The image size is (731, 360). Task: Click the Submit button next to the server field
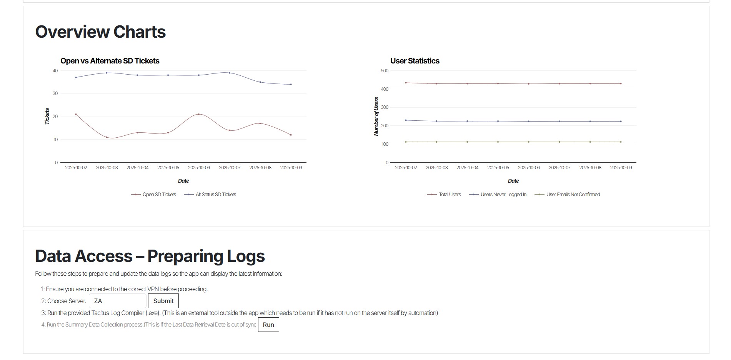163,301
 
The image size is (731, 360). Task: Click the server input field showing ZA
118,301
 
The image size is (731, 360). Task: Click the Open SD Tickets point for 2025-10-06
199,114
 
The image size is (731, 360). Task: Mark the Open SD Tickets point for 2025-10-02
76,114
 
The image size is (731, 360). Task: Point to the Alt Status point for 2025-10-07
230,73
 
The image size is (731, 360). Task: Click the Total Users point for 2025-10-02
406,83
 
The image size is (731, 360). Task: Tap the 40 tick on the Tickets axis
55,71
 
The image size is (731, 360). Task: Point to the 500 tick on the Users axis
385,71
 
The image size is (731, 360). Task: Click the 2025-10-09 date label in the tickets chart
291,168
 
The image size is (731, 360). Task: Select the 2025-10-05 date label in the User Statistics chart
498,168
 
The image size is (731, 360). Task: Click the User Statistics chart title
415,61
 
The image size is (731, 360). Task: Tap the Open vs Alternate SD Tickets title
110,61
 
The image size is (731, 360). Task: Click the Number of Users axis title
376,116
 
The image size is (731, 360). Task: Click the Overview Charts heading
100,32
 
